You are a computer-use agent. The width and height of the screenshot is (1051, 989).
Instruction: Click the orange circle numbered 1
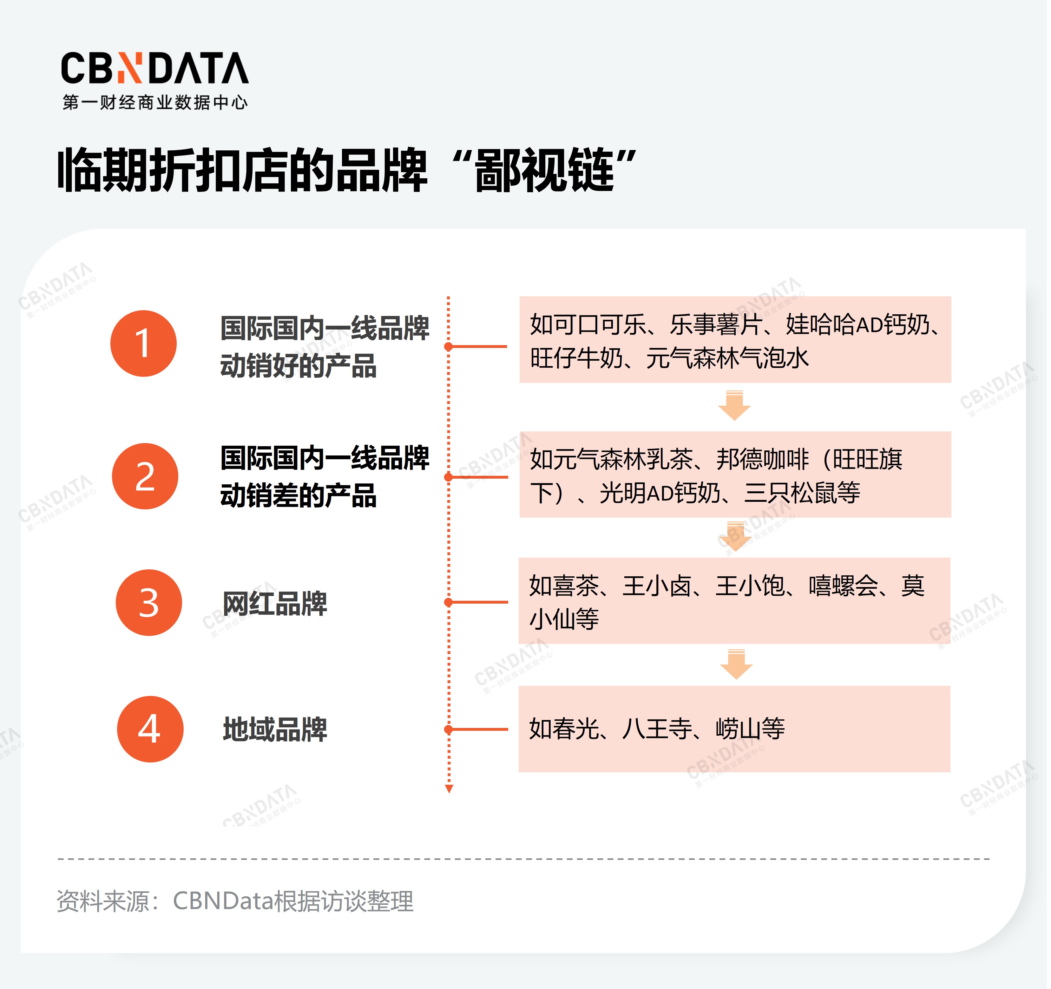coord(143,344)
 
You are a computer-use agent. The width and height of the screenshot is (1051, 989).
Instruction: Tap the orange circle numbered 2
coord(145,476)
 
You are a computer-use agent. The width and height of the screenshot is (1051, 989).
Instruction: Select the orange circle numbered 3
coord(148,603)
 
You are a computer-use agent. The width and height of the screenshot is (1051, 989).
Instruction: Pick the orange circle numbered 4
coord(150,729)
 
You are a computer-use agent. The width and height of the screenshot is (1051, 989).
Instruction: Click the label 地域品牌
coord(275,730)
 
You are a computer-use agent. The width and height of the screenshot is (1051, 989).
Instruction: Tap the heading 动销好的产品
coord(298,366)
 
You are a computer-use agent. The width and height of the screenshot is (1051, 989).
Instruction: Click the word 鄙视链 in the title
coord(544,170)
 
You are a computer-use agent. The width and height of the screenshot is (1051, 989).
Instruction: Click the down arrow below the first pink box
coord(734,405)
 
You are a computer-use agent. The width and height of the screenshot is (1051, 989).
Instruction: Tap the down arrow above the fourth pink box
coord(736,664)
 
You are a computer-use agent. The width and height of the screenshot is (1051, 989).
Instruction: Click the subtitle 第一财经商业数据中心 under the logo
coord(155,102)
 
